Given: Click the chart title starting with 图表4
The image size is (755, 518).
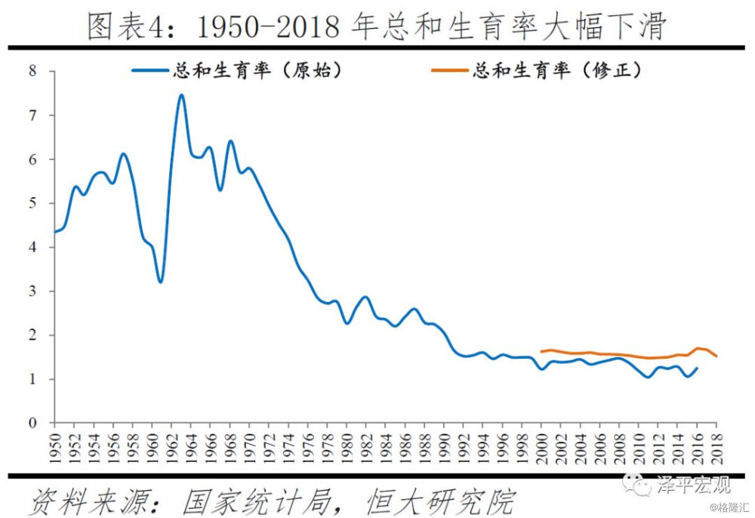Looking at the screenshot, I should click(x=377, y=26).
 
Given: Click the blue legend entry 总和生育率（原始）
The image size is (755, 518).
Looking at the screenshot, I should click(x=237, y=71).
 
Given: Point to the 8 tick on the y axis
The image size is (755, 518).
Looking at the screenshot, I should click(x=32, y=72).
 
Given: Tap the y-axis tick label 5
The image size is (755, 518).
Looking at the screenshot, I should click(x=32, y=203).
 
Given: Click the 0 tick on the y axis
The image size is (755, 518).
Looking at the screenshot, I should click(x=32, y=423).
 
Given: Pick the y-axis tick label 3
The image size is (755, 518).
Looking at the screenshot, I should click(x=32, y=291).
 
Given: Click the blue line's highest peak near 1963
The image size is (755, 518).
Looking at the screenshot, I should click(x=181, y=95).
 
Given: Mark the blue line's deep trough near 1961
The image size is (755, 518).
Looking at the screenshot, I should click(x=160, y=282).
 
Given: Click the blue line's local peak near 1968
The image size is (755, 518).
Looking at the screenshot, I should click(x=230, y=141).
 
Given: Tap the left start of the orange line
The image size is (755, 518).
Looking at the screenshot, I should click(x=541, y=351).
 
